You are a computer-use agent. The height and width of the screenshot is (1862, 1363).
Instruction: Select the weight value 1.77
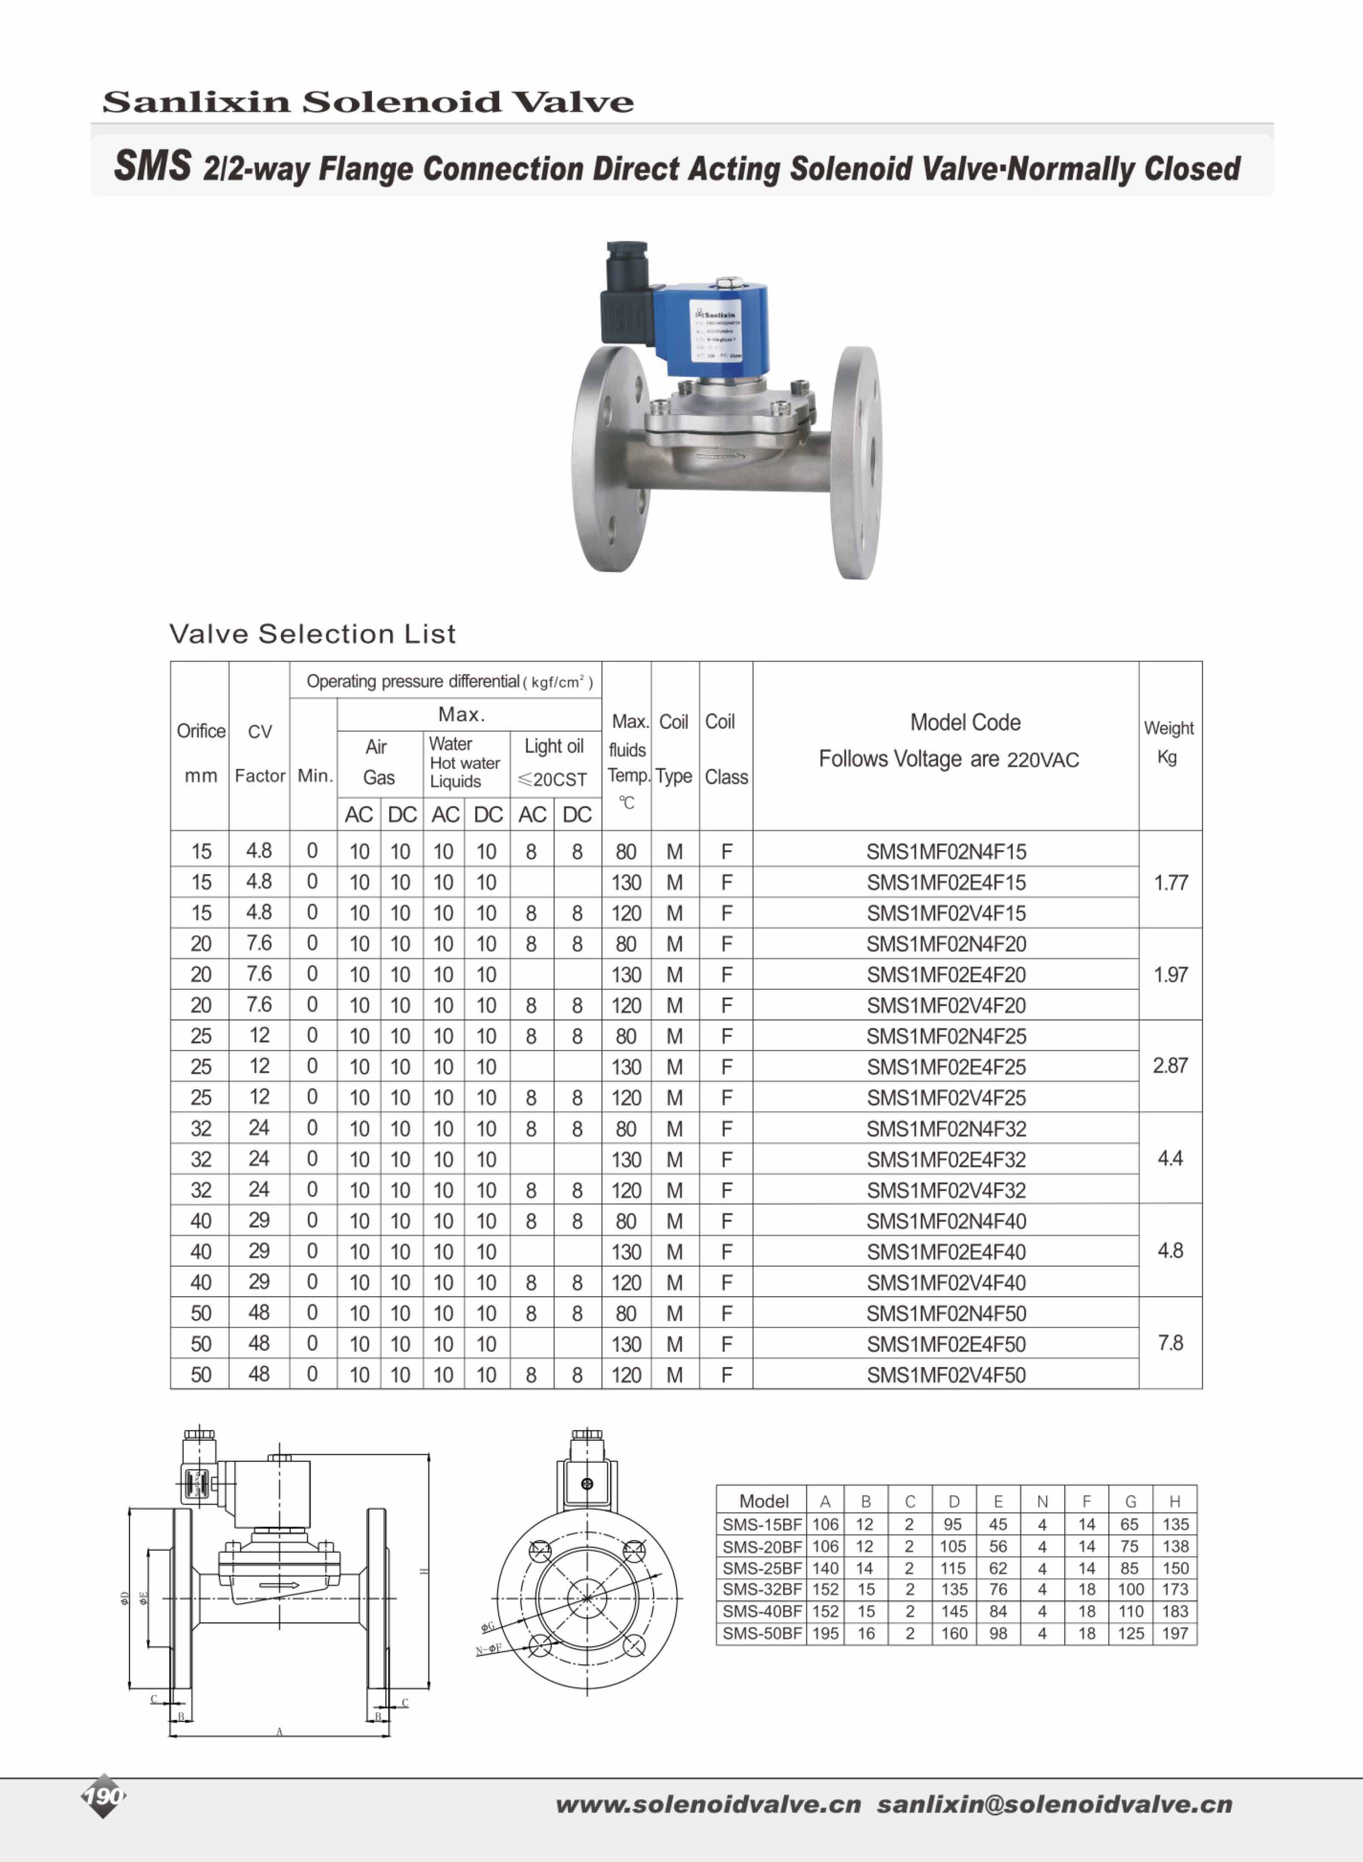(x=1170, y=883)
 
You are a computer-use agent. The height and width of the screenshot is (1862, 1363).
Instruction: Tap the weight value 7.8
(x=1170, y=1343)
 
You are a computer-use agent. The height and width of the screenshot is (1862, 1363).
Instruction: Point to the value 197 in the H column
(x=1175, y=1633)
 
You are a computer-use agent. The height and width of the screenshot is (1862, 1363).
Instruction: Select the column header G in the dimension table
(x=1131, y=1501)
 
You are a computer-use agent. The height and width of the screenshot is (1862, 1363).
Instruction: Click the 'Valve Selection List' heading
(x=312, y=634)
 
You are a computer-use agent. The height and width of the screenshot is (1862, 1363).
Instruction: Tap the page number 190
(x=103, y=1796)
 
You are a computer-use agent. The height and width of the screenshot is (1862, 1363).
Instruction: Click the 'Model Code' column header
(x=965, y=723)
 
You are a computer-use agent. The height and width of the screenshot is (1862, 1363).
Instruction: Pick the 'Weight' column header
(x=1168, y=728)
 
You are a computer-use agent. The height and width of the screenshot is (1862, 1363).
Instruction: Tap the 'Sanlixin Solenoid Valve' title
(x=368, y=102)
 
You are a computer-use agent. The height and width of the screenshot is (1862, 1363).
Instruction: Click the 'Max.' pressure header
(x=461, y=714)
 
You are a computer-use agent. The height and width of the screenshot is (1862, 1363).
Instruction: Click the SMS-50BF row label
(x=761, y=1633)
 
